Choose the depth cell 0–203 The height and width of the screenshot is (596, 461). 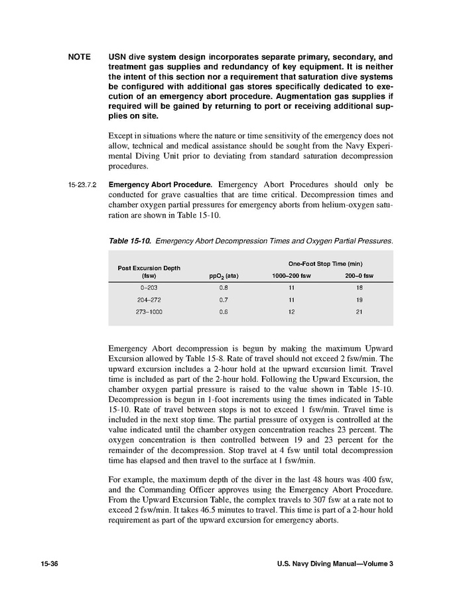coord(149,288)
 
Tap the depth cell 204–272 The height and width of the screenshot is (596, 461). coord(149,300)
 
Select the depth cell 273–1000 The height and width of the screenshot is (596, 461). coord(149,311)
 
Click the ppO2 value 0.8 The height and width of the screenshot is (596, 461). coord(224,288)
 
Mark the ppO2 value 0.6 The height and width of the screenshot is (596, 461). coord(224,311)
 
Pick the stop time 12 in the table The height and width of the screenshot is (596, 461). coord(291,311)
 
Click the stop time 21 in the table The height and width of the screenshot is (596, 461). coord(359,311)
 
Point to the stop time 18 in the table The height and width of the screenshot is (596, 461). coord(359,288)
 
